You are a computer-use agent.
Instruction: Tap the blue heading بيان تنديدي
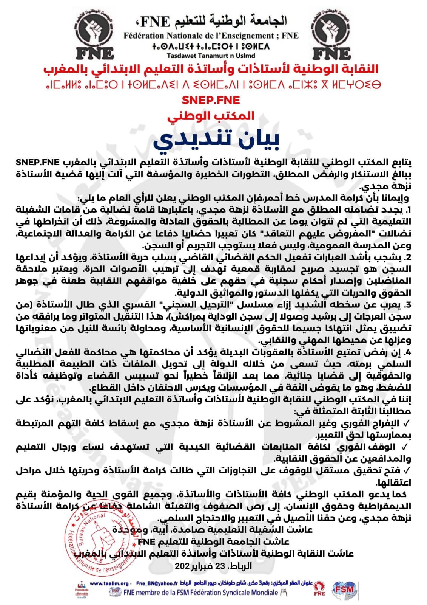216,140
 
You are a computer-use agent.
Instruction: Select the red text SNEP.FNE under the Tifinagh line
211,100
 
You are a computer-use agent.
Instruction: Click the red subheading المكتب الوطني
211,116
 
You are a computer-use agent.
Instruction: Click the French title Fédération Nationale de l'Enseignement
211,36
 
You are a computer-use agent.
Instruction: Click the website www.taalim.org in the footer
109,583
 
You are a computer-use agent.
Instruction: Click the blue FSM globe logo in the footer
344,589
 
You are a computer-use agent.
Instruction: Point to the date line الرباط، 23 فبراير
213,566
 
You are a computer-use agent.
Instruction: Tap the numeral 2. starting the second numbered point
407,258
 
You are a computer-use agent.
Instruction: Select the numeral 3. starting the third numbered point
407,305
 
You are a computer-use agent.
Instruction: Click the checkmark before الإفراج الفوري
407,423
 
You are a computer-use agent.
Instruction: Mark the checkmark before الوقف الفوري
405,447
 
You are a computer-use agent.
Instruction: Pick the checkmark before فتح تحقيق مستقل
407,471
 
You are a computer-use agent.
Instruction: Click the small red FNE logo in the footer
319,588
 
